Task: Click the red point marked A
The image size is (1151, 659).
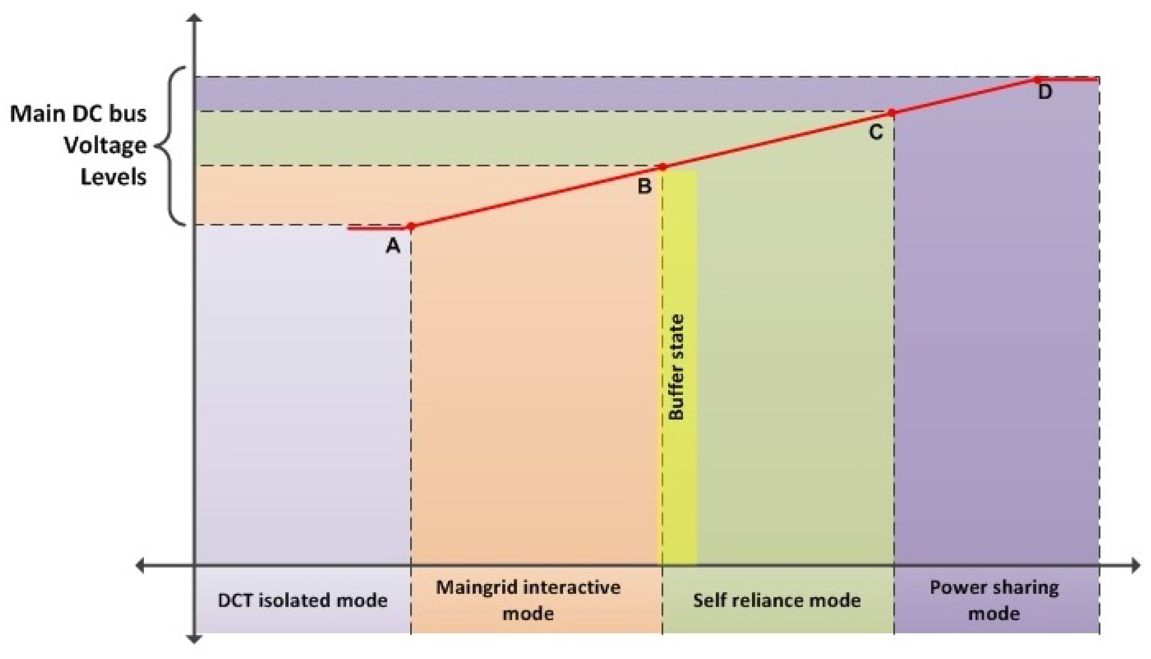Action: click(411, 226)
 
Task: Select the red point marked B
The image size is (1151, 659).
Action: click(662, 167)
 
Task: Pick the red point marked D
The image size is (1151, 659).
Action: click(1037, 80)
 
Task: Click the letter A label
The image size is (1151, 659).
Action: click(393, 246)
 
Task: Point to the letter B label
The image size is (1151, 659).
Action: click(644, 186)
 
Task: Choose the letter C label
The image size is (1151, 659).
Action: click(876, 132)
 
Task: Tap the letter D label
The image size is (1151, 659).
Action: click(1044, 92)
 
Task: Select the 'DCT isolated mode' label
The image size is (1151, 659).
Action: click(303, 601)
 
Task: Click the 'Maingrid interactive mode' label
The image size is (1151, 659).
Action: click(528, 601)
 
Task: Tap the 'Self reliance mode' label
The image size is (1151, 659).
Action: click(777, 601)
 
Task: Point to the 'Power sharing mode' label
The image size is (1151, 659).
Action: click(994, 601)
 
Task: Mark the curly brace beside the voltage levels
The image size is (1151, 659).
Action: click(171, 146)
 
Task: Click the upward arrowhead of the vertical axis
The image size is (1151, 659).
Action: click(194, 18)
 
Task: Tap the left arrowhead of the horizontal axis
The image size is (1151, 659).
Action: click(140, 565)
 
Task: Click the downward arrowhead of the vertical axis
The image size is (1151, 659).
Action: click(194, 639)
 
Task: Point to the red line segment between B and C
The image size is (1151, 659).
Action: click(777, 140)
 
